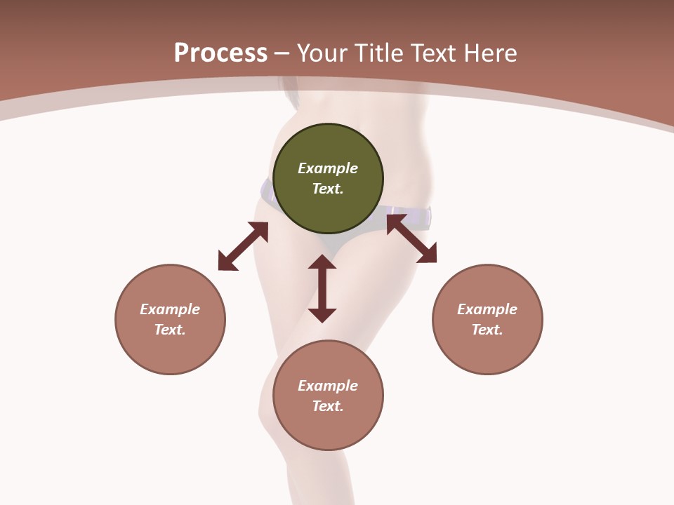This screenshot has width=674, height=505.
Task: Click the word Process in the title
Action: click(220, 53)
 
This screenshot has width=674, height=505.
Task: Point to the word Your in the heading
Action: click(324, 53)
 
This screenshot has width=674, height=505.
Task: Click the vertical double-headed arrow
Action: click(322, 288)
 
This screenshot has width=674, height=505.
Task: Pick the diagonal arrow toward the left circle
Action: click(243, 246)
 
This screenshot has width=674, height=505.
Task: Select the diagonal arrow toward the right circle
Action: click(411, 238)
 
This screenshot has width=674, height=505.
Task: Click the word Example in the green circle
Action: click(328, 168)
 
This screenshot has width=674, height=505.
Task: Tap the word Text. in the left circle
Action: click(170, 330)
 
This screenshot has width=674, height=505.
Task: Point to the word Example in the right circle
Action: click(487, 309)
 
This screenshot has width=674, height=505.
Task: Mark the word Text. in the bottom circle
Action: click(328, 406)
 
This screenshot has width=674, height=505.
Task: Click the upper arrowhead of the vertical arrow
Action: click(322, 262)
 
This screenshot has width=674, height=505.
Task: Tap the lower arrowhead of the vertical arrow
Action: click(322, 315)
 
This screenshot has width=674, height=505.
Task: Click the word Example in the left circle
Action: click(170, 309)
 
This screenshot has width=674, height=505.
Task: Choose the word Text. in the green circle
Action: click(328, 189)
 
